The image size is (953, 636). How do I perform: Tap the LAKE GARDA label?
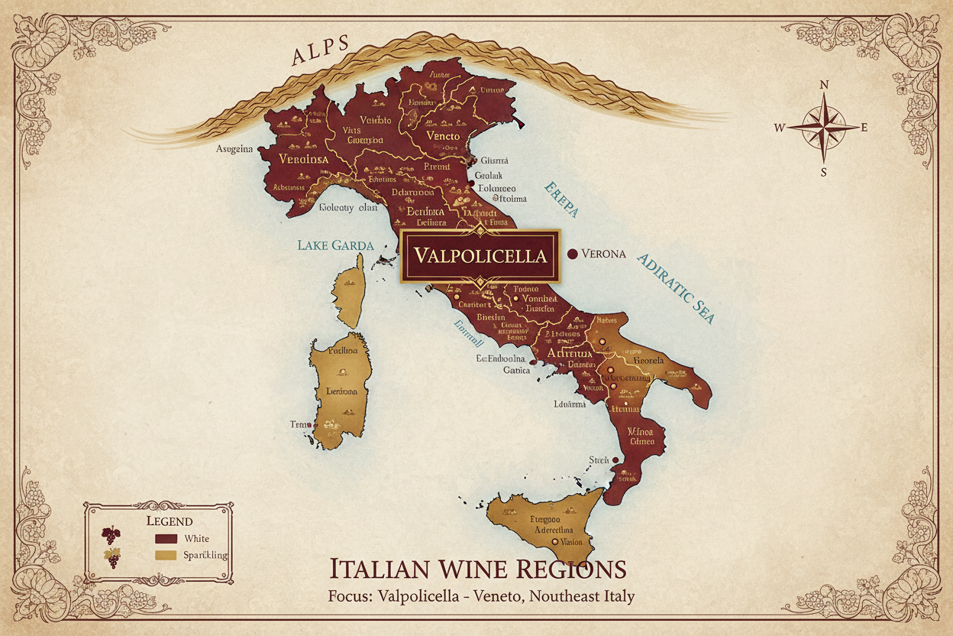pos(335,245)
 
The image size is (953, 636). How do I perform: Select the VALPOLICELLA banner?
pos(480,255)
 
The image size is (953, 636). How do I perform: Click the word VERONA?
pos(603,254)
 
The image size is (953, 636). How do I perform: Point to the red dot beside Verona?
pos(571,254)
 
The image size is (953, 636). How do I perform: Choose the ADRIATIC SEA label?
pos(676,287)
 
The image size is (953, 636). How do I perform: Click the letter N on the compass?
pos(823,86)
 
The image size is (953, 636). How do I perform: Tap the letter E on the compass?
pos(864,128)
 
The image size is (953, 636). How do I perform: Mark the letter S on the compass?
pos(823,172)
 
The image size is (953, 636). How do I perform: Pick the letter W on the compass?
pos(780,128)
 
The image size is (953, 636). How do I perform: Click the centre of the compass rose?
pos(823,128)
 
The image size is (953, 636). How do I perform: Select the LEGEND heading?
pos(169,521)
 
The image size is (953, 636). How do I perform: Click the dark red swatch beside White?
pos(166,539)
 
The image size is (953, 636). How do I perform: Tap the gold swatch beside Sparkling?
pos(166,556)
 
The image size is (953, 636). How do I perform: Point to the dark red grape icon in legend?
pos(111,536)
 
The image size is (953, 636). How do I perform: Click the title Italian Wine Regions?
pos(477,569)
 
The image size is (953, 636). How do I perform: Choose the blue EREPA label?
pos(562,201)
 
